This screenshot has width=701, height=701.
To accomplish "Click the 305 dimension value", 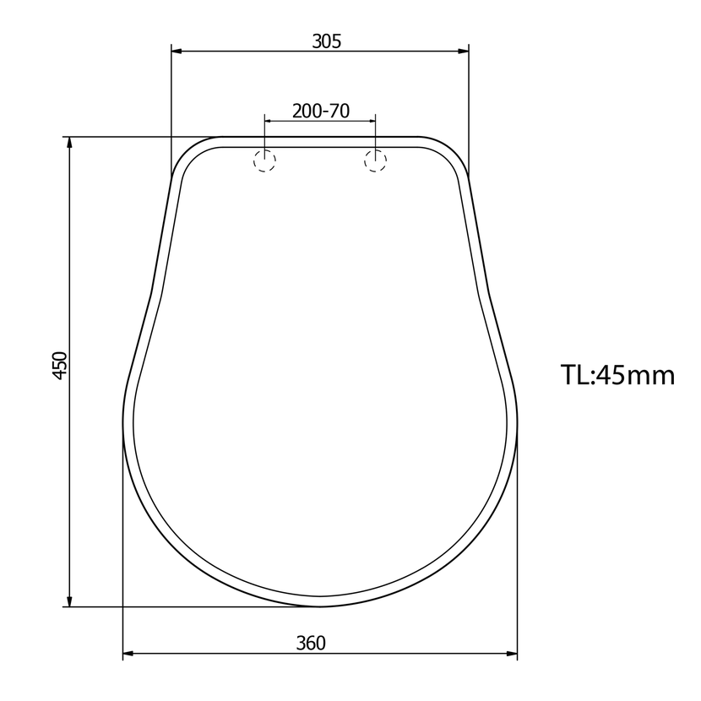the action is tap(326, 41).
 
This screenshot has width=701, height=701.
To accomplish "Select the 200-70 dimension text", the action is tap(321, 111).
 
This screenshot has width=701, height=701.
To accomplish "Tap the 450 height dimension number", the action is tap(60, 366).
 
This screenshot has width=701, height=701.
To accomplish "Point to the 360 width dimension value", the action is tap(311, 643).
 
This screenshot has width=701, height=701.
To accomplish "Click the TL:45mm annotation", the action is tap(617, 375).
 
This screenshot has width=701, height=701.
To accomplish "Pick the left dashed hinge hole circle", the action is tap(264, 160).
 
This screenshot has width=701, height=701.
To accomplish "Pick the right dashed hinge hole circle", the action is tap(376, 160).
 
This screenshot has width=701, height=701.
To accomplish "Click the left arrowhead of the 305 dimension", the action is tap(177, 52).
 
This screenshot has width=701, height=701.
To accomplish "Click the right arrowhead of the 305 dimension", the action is tap(464, 52).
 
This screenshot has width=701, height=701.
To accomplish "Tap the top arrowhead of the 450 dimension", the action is tap(69, 142).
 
